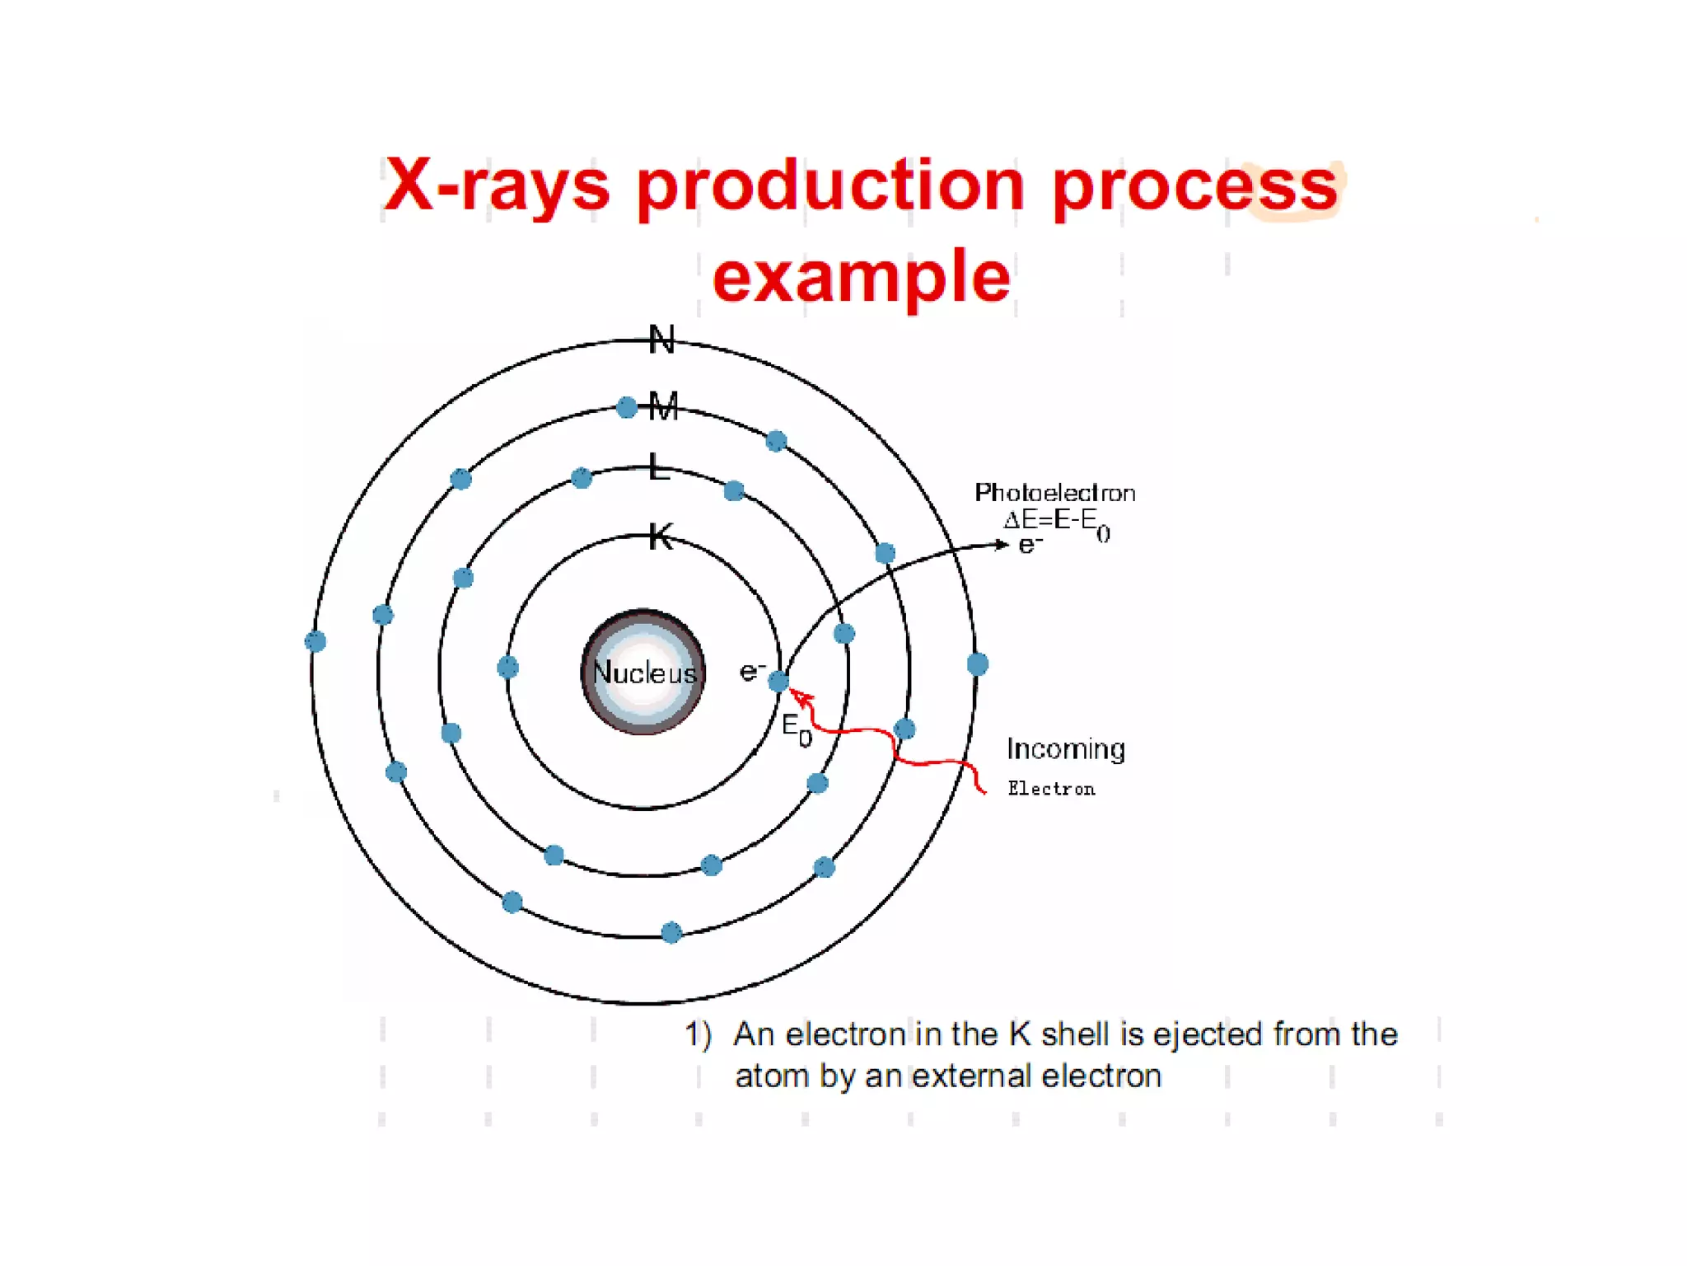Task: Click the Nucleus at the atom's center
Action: click(x=643, y=672)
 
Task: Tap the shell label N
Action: click(x=661, y=340)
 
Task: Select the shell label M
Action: click(x=663, y=406)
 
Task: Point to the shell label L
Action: click(x=658, y=467)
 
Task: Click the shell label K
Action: click(x=661, y=537)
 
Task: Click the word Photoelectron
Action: click(x=1054, y=493)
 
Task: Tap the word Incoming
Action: click(x=1065, y=748)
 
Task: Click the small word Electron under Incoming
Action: click(x=1051, y=789)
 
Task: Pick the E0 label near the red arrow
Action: click(x=796, y=729)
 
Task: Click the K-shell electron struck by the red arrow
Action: click(x=778, y=681)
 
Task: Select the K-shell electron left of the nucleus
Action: click(x=507, y=667)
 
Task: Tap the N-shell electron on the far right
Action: click(x=977, y=663)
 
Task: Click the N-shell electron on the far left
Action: click(x=315, y=641)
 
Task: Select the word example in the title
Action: click(x=861, y=277)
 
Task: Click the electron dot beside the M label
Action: click(x=627, y=407)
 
